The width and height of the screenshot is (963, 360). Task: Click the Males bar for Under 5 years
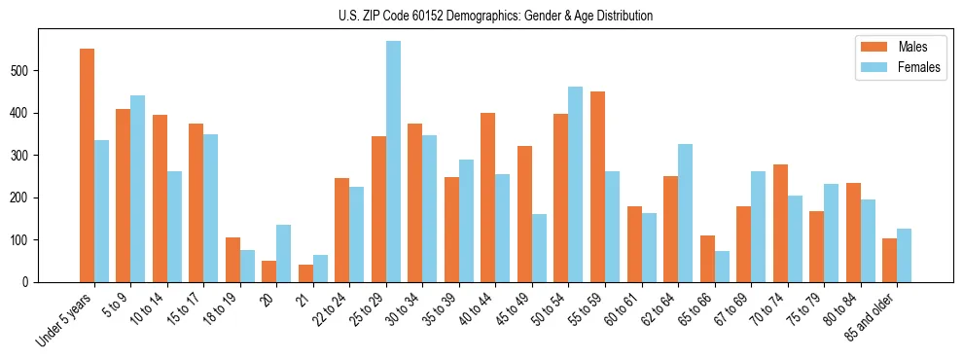[87, 165]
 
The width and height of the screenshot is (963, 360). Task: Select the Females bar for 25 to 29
[393, 162]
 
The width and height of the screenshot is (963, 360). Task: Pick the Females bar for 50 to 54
[576, 185]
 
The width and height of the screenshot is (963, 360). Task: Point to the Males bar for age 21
[305, 273]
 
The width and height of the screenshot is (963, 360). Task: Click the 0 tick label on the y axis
[32, 282]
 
